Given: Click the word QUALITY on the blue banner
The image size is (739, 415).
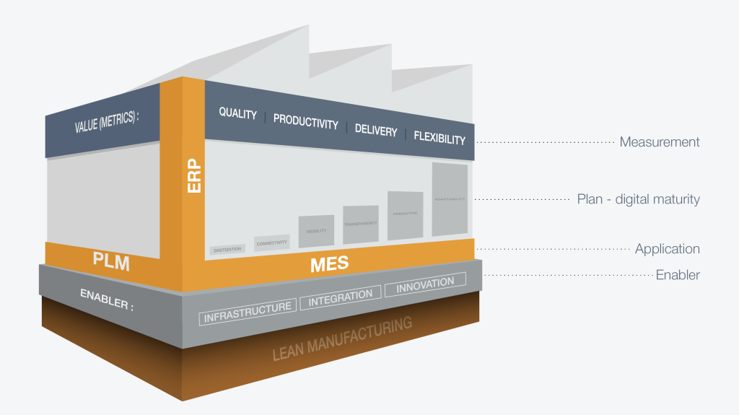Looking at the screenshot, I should (237, 113).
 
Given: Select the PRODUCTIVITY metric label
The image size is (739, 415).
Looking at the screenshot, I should (305, 121).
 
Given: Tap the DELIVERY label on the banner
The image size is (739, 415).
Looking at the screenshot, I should (375, 131).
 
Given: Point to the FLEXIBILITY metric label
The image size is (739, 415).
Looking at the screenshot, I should (439, 138).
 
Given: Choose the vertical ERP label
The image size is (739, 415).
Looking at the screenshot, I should (194, 175).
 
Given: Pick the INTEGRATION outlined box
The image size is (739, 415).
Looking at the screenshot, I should (341, 297).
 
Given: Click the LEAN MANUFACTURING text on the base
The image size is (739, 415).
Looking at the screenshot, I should (342, 338).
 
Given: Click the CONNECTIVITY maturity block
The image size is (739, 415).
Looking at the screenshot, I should (272, 243).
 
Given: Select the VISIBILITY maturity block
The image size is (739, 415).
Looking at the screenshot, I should (316, 231).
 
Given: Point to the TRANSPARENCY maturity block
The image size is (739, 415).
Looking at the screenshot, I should (360, 224).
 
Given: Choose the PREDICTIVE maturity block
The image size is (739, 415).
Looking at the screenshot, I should (405, 215).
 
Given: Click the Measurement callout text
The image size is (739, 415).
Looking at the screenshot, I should (659, 142).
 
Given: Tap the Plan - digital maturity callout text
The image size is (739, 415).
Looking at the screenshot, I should (638, 199).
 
